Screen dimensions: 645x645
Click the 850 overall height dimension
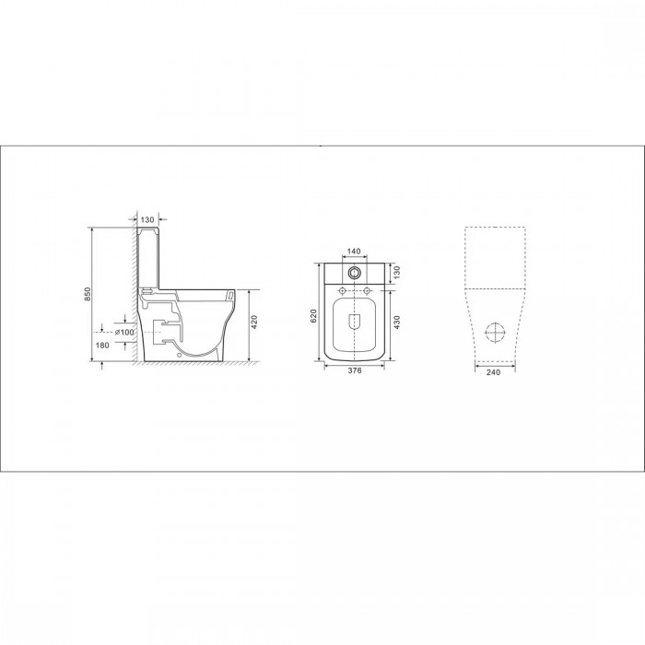pyautogui.click(x=88, y=294)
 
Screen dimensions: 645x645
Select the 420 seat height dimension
pyautogui.click(x=253, y=322)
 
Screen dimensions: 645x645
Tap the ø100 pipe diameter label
pyautogui.click(x=124, y=332)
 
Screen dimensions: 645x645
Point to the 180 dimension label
pyautogui.click(x=102, y=346)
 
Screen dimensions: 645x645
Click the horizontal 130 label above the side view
pyautogui.click(x=147, y=220)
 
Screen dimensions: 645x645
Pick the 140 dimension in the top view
pyautogui.click(x=354, y=252)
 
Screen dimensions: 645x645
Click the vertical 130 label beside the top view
pyautogui.click(x=397, y=273)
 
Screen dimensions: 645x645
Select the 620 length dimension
pyautogui.click(x=313, y=315)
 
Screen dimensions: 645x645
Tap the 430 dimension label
pyautogui.click(x=397, y=322)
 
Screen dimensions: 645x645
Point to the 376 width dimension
pyautogui.click(x=355, y=370)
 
